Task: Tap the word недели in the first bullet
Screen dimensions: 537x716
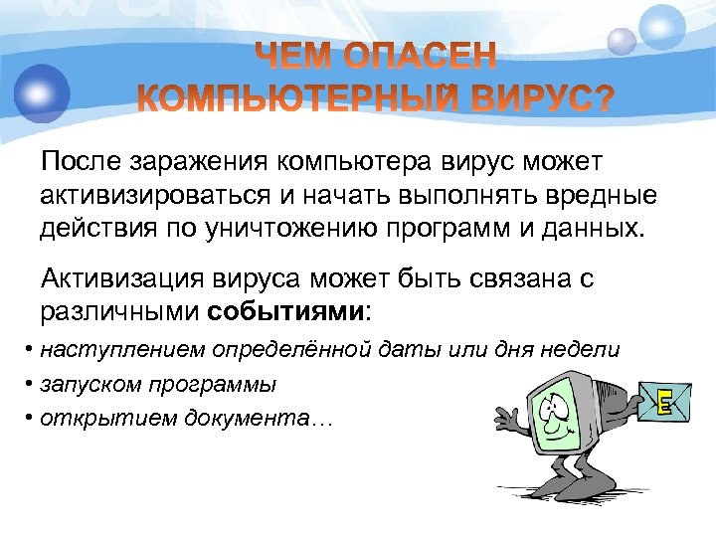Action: click(583, 349)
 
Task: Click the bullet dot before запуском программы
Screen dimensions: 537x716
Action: click(32, 384)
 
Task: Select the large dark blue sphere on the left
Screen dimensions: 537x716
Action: click(41, 92)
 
